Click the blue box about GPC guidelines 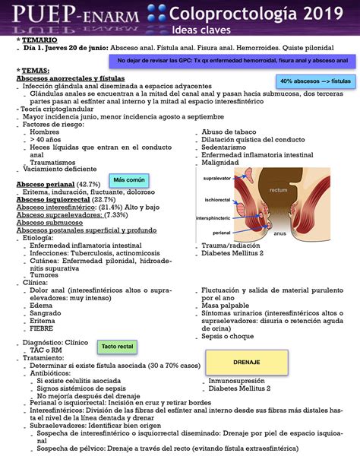tap(233, 60)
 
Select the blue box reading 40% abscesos tap(314, 81)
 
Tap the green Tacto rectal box tap(116, 346)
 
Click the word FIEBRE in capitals tap(42, 328)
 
